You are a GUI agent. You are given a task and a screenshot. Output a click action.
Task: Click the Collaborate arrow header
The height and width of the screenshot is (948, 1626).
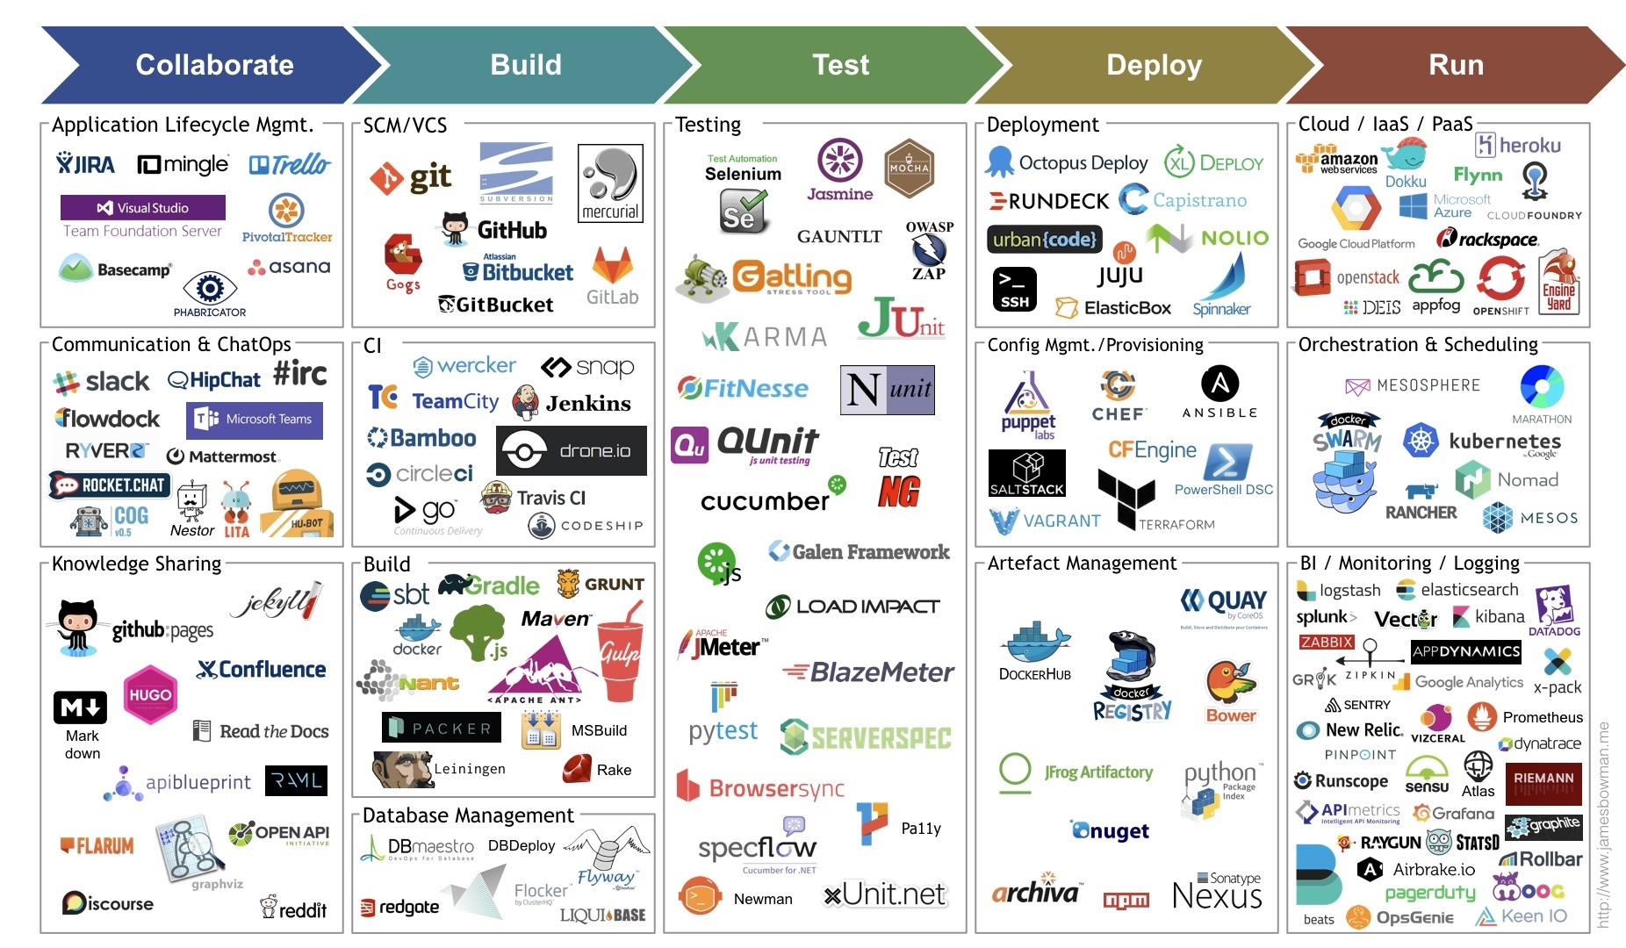click(214, 65)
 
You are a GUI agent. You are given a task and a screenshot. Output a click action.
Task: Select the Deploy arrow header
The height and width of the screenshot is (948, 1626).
click(1154, 65)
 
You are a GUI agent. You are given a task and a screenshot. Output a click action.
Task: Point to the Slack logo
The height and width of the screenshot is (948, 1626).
click(102, 382)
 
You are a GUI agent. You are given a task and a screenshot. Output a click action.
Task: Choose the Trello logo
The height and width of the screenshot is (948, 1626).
click(290, 164)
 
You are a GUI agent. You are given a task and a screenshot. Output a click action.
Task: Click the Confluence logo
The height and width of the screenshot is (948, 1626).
click(262, 670)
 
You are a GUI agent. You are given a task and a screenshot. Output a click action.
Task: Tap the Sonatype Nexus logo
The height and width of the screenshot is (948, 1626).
click(1217, 892)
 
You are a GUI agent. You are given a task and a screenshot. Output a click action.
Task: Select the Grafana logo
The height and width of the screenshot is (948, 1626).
click(1453, 814)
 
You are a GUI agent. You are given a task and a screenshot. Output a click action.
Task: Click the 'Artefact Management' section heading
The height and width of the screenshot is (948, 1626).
click(1082, 564)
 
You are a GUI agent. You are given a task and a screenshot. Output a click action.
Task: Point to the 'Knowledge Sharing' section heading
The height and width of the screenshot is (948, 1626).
click(136, 564)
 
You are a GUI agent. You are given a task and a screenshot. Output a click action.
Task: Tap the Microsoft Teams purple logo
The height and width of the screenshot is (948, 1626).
click(255, 420)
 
